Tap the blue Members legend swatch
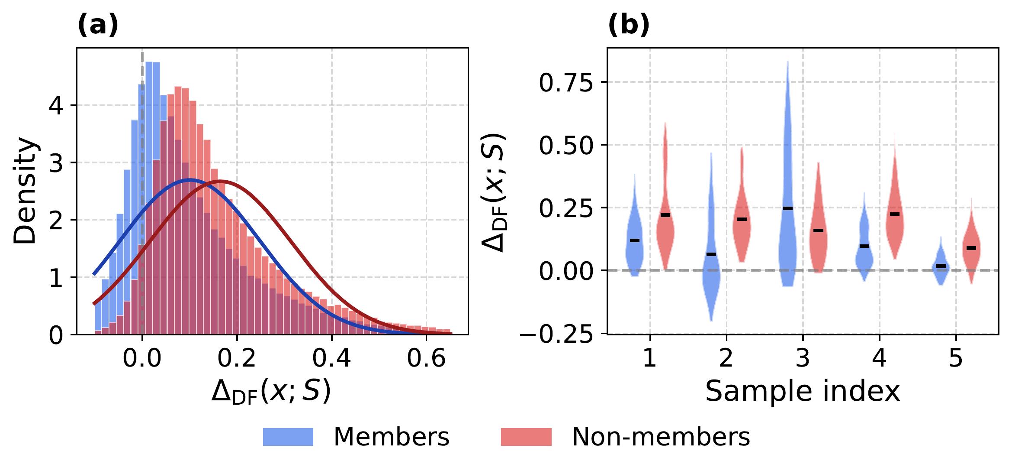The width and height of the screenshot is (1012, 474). (288, 437)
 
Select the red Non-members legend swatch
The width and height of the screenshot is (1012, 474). (526, 437)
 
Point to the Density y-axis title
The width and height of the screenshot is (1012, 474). (25, 191)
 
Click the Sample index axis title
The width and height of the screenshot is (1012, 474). (803, 392)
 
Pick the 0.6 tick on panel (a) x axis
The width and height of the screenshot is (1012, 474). (426, 359)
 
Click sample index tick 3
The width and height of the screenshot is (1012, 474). (803, 359)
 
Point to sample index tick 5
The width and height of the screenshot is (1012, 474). (956, 359)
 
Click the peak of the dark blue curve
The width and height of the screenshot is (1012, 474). (189, 179)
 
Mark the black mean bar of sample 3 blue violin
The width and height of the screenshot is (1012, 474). (788, 208)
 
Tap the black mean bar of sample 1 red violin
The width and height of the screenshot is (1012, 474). (665, 215)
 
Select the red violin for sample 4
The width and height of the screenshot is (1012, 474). (895, 225)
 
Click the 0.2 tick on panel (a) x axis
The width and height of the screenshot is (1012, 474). (237, 359)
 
